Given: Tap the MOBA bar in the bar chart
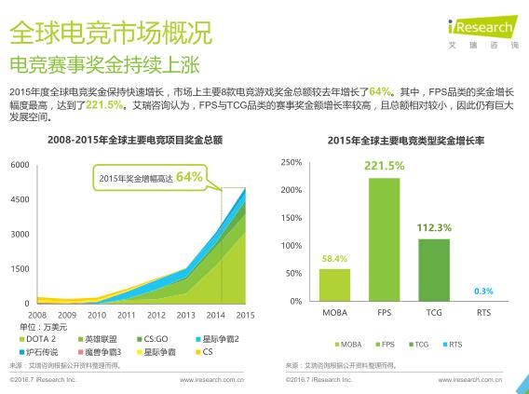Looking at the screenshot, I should pyautogui.click(x=334, y=285).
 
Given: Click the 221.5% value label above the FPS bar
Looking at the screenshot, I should pyautogui.click(x=384, y=166).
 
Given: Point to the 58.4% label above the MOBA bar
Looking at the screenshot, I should pyautogui.click(x=334, y=258).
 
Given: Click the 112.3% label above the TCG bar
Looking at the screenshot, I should pyautogui.click(x=433, y=227).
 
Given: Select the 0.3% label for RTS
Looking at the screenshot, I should pyautogui.click(x=482, y=291).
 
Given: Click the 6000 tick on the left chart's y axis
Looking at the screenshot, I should pyautogui.click(x=20, y=165).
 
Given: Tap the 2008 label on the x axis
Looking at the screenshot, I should pyautogui.click(x=37, y=316).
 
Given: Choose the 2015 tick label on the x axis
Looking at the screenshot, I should pyautogui.click(x=246, y=316).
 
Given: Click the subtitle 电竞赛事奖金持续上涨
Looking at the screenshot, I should pyautogui.click(x=103, y=67).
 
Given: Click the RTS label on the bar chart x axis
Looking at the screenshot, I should pyautogui.click(x=482, y=312).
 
